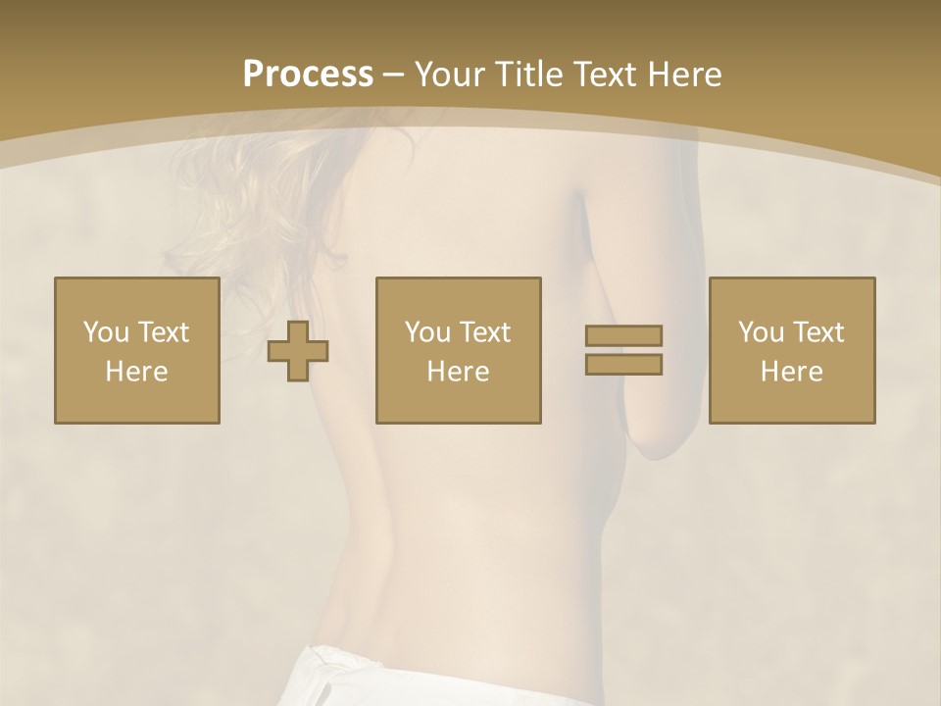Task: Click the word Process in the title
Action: [308, 74]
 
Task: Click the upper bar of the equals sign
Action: [623, 335]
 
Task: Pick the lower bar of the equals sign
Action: [623, 364]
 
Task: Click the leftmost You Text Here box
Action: [137, 350]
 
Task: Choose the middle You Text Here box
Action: [458, 350]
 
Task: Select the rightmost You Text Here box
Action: [791, 350]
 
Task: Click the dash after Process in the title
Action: [394, 75]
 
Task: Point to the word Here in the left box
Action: [136, 372]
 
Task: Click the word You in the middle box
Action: [427, 332]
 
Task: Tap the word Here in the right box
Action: [791, 372]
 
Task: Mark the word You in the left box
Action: [106, 332]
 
